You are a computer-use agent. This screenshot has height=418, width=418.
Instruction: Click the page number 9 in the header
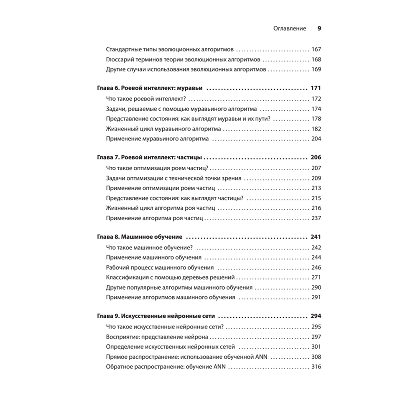pyautogui.click(x=319, y=29)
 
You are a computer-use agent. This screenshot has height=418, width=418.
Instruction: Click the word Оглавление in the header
pyautogui.click(x=290, y=29)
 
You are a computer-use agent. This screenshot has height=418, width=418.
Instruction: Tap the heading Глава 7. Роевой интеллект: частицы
pyautogui.click(x=149, y=158)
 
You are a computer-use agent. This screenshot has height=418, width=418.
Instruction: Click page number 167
pyautogui.click(x=316, y=49)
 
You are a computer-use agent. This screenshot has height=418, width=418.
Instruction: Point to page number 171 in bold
pyautogui.click(x=316, y=89)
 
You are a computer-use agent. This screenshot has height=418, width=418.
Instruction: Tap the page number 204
pyautogui.click(x=316, y=139)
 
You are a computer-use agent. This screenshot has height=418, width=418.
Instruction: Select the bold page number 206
pyautogui.click(x=316, y=158)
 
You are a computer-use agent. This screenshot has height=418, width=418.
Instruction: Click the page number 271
pyautogui.click(x=316, y=278)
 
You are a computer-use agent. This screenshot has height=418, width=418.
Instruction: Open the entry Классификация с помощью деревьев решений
pyautogui.click(x=171, y=278)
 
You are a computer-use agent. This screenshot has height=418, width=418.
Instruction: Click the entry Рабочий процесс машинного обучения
pyautogui.click(x=160, y=268)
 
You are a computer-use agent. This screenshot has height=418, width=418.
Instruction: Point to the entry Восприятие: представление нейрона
pyautogui.click(x=157, y=336)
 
